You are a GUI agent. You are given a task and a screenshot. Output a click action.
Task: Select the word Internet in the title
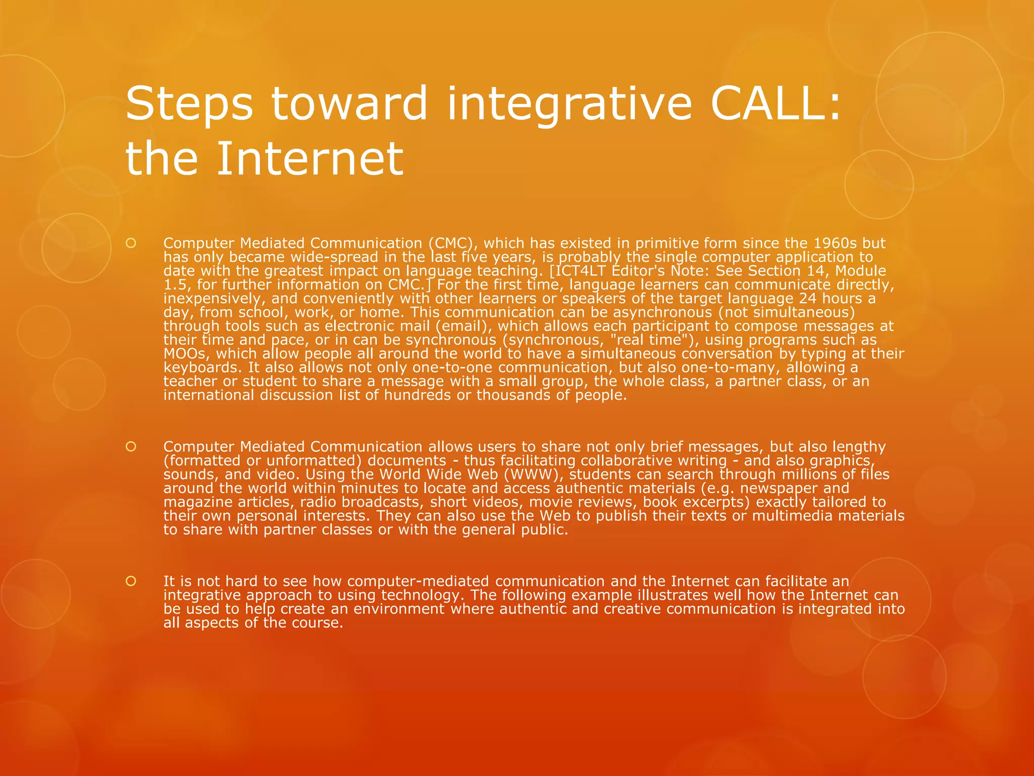(x=310, y=159)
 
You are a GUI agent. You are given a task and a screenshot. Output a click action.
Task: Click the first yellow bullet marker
(x=131, y=243)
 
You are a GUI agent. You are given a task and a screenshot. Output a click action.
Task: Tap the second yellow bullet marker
(x=131, y=447)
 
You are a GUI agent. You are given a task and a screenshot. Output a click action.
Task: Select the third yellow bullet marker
(x=131, y=581)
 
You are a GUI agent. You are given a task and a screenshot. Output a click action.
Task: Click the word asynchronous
(x=662, y=312)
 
